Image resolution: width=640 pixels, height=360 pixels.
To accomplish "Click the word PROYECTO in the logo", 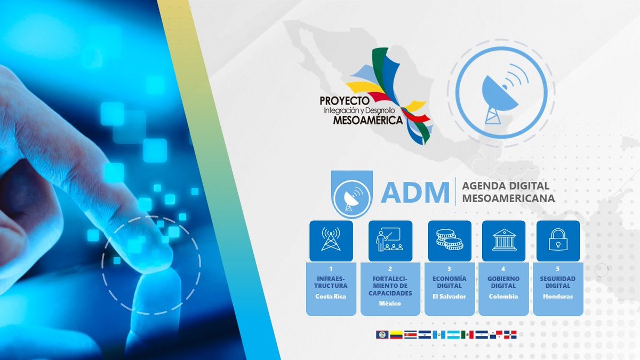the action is [x=345, y=101].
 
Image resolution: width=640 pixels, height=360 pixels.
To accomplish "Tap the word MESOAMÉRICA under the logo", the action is [x=368, y=121].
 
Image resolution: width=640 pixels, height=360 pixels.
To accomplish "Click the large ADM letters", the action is [x=415, y=193].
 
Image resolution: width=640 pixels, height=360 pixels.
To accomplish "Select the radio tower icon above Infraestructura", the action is [x=331, y=239].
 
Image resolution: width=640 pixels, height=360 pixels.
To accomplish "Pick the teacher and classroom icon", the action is [x=390, y=239].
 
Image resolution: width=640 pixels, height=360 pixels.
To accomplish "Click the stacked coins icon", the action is [x=450, y=239].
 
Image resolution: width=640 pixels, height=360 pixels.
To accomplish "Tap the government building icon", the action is [x=504, y=239].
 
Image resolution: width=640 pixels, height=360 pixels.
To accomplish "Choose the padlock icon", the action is [x=558, y=239].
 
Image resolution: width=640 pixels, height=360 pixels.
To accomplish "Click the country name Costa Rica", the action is [x=331, y=297].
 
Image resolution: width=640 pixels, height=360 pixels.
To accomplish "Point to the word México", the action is [x=390, y=303].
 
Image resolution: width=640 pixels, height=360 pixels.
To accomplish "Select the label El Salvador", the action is [x=450, y=297].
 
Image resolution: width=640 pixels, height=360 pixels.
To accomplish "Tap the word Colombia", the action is [x=503, y=297].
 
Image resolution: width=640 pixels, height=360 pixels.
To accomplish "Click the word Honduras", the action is [x=558, y=297].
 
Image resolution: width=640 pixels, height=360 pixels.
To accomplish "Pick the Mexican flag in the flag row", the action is [x=467, y=334].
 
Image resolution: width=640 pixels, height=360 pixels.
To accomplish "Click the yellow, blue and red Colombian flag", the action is [x=396, y=334].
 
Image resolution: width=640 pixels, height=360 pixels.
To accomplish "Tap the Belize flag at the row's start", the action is [x=382, y=334].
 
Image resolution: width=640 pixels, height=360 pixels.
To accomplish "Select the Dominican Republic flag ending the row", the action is [x=510, y=334].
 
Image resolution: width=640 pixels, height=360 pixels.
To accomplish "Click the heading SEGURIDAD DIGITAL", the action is [x=558, y=282].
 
